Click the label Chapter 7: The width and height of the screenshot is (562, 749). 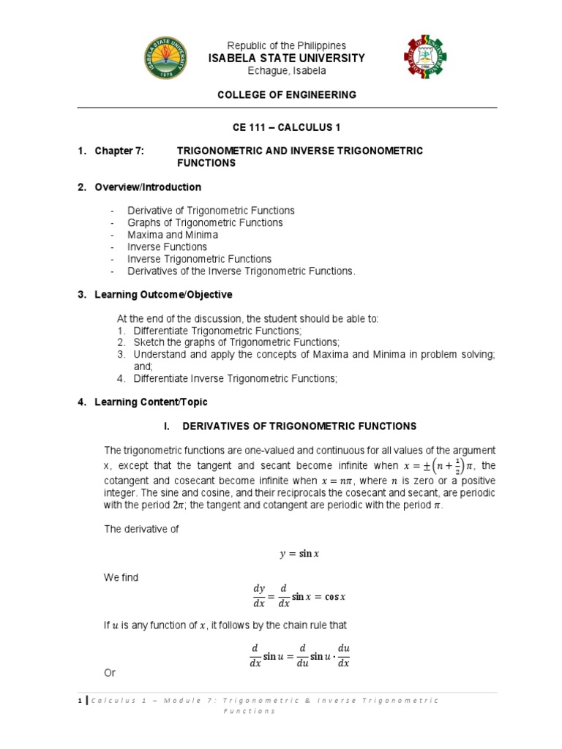click(119, 151)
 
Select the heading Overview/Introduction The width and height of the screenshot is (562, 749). click(147, 187)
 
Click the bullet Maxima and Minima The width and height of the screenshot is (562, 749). click(173, 235)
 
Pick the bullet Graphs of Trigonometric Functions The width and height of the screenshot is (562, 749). click(205, 222)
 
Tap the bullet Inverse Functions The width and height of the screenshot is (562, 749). click(167, 246)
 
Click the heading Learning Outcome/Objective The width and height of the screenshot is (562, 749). click(163, 295)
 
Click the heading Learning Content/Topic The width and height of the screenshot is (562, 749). click(151, 402)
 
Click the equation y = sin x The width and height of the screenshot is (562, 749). click(299, 554)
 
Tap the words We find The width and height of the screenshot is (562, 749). click(121, 577)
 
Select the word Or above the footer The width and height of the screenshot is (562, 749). click(110, 672)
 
